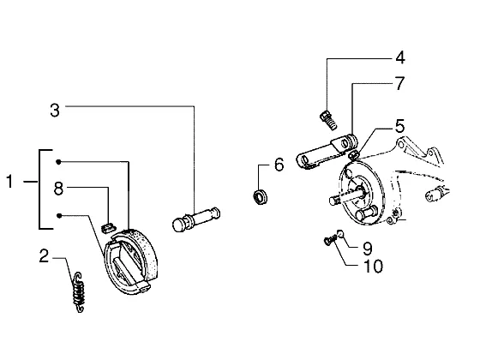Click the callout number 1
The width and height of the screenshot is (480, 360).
[x=9, y=181]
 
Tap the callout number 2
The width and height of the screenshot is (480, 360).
[x=44, y=256]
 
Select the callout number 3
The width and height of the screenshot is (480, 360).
[x=55, y=111]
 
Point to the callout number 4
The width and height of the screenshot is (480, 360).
[x=400, y=57]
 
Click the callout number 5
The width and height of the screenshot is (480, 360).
[x=399, y=126]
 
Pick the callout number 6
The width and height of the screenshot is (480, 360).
[x=279, y=165]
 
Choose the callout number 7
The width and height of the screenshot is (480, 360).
[x=399, y=83]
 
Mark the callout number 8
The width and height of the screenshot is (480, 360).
[x=58, y=189]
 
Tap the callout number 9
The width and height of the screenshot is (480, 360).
[x=367, y=249]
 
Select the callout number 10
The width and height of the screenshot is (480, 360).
[x=373, y=266]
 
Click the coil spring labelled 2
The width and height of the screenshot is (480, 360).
[x=79, y=291]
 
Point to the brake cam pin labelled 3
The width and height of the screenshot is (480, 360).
[x=196, y=219]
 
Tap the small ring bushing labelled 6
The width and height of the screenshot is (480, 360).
[x=261, y=197]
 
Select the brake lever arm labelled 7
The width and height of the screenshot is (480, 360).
[x=327, y=151]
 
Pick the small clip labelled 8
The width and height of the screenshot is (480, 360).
[x=108, y=227]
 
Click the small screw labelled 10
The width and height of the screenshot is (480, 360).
[x=330, y=240]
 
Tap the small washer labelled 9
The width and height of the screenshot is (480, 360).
[x=340, y=233]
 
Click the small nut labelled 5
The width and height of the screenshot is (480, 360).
[x=353, y=155]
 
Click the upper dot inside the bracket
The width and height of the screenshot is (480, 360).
[x=58, y=162]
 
